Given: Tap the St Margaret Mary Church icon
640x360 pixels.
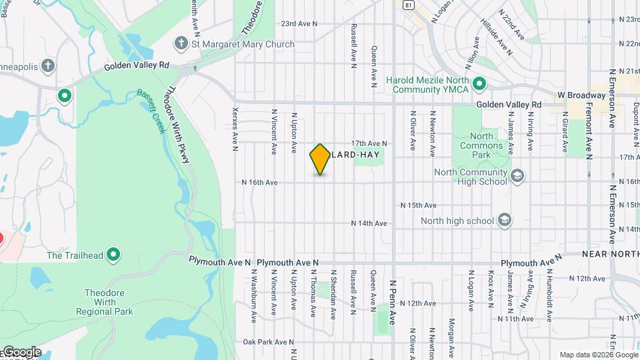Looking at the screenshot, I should [180, 45].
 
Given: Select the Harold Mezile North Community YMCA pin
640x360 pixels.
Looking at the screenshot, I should [478, 85].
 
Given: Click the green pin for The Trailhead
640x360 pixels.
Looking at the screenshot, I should [114, 254].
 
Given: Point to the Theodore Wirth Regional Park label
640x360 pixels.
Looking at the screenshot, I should [109, 302].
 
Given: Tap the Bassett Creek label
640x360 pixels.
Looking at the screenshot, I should [151, 111].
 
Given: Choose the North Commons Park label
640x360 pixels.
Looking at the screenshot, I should [477, 145].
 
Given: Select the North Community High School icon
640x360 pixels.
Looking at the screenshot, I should [517, 175].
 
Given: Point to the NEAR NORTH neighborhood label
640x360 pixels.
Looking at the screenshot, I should [610, 254].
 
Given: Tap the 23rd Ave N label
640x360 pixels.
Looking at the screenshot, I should [299, 23].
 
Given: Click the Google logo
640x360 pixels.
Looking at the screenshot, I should [21, 352].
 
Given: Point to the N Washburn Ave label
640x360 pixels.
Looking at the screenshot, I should [254, 293].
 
